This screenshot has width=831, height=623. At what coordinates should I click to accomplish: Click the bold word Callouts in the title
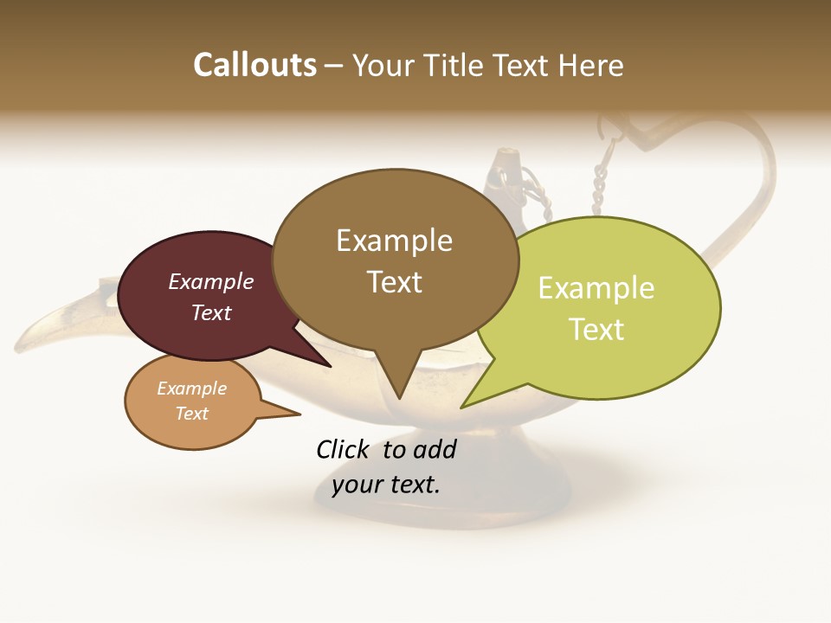(x=254, y=65)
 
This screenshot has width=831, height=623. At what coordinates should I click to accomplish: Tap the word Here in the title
(x=593, y=65)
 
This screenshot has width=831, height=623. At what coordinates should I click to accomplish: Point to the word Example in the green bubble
(x=596, y=287)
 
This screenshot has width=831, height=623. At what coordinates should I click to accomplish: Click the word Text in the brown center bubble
(x=395, y=281)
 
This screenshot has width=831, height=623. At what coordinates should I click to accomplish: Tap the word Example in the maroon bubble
(x=211, y=281)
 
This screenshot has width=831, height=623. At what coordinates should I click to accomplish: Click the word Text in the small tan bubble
(x=192, y=414)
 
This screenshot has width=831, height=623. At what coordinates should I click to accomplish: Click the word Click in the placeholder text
(x=345, y=449)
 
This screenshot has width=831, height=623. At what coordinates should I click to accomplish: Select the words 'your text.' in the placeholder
(x=386, y=485)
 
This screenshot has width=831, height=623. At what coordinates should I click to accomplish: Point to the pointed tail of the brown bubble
(x=398, y=389)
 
